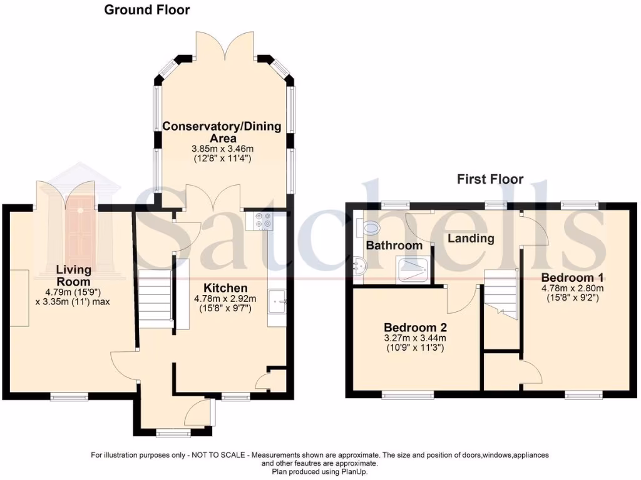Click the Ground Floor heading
[146, 10]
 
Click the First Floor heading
[490, 179]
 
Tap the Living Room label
[74, 276]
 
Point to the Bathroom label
[394, 245]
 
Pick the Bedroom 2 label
[415, 327]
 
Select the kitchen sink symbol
[277, 302]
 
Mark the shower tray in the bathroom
[413, 269]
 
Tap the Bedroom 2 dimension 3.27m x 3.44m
[415, 338]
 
